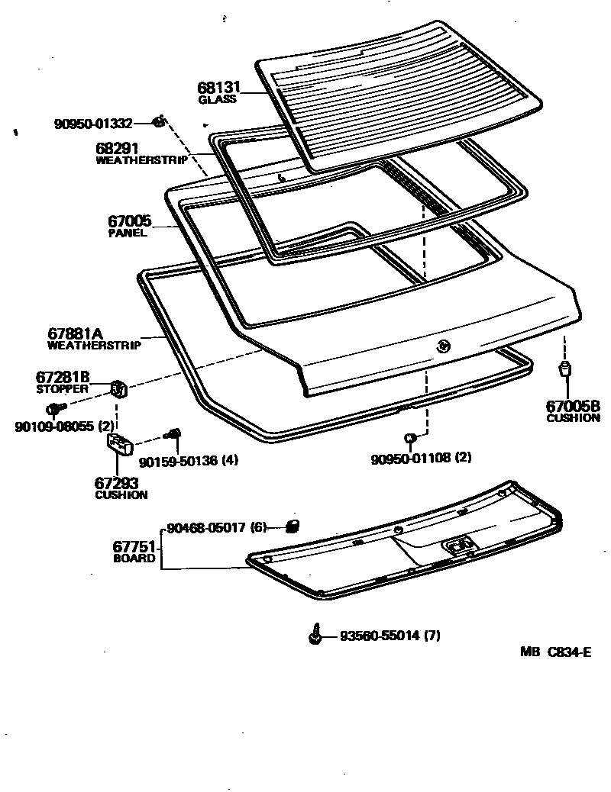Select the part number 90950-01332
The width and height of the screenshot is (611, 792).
(93, 123)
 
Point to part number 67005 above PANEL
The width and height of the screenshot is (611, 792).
(129, 221)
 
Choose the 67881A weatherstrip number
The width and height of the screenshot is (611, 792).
(76, 333)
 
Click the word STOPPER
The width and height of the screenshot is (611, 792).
(63, 388)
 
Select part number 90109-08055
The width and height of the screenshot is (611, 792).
(54, 427)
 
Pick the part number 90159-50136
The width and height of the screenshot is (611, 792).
(178, 461)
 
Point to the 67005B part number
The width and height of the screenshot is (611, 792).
(573, 406)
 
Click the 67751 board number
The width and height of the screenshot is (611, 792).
(134, 546)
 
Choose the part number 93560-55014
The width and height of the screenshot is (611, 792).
(380, 635)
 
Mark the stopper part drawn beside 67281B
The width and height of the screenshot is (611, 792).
(118, 388)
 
